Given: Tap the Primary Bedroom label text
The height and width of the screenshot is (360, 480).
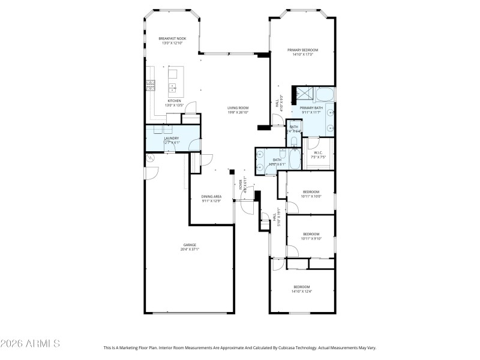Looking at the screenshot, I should (x=302, y=50).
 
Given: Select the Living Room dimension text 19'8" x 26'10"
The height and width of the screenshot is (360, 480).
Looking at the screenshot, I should (x=238, y=112).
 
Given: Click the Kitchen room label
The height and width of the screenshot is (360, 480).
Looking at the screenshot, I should (x=174, y=101).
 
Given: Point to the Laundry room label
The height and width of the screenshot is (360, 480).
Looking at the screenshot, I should (x=172, y=138).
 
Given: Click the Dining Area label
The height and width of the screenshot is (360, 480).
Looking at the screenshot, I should (x=212, y=197).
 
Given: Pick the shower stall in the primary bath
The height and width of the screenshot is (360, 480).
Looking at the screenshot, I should (x=304, y=94).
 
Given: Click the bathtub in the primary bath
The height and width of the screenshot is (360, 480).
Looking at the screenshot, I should (x=326, y=94).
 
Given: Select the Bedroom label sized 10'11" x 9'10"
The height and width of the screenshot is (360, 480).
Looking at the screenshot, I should (x=311, y=234).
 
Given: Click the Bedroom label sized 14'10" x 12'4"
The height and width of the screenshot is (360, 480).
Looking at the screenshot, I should (x=301, y=287).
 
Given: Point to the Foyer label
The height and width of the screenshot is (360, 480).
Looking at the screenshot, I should (x=241, y=184).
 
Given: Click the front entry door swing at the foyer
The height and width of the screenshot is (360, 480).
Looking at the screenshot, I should (x=247, y=207).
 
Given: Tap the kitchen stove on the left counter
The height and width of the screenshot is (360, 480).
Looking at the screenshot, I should (x=150, y=86).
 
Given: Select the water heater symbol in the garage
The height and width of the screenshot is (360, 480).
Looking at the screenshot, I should (x=150, y=158).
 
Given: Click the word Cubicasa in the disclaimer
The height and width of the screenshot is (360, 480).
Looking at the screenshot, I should (x=289, y=347).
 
